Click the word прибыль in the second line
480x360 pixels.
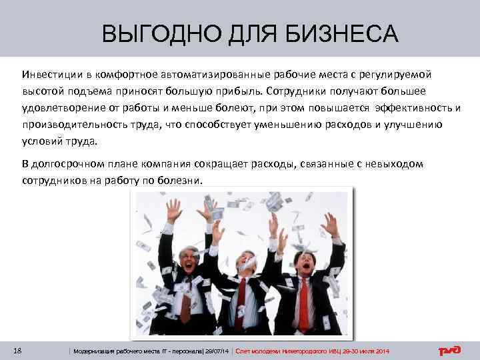239,90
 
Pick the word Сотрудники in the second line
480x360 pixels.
297,90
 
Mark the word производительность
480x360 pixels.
71,125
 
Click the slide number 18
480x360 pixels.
18,351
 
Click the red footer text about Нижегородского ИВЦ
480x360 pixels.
313,351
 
